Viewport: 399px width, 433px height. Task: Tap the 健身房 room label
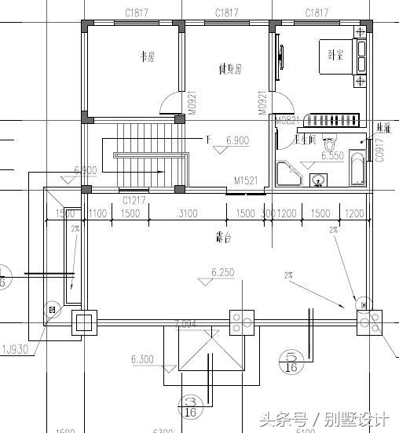[x=229, y=69]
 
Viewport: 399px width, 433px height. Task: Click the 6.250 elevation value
[x=224, y=273]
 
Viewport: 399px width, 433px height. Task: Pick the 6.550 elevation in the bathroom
[x=333, y=156]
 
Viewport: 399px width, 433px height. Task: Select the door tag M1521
[x=247, y=181]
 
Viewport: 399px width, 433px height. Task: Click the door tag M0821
[x=286, y=120]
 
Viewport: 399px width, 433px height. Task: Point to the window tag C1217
[x=134, y=200]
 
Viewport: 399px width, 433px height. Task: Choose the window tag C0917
[x=379, y=149]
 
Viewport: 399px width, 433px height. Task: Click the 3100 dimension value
[x=187, y=213]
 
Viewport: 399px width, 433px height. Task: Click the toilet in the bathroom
[x=330, y=145]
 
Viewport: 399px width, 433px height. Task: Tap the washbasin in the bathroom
[x=318, y=181]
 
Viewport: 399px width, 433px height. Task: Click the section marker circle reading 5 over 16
[x=291, y=361]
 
